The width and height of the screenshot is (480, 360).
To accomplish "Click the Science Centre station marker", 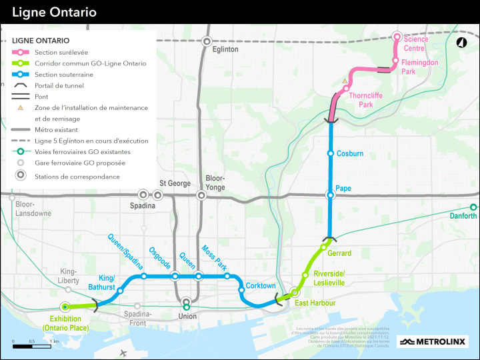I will (397, 37).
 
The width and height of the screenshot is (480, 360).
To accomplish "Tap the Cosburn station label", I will (350, 154).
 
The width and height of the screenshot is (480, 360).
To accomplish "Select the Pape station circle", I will (330, 195).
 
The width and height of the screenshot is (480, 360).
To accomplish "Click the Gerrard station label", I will (339, 253).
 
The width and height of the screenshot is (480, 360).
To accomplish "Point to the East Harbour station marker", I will (294, 291).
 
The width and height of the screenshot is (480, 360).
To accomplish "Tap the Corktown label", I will (261, 286).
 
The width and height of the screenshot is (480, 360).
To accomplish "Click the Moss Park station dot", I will (227, 276).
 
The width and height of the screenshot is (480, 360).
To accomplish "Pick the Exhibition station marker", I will (65, 307).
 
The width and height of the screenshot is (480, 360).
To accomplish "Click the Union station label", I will (187, 316).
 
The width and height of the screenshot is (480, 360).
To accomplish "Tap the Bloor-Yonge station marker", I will (201, 195).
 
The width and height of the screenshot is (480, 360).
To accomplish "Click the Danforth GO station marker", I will (473, 207).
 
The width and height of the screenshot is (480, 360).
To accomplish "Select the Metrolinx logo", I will (433, 342).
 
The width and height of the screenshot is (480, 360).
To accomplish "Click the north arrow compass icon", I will (461, 43).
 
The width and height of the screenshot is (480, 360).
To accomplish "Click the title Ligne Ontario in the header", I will (54, 12).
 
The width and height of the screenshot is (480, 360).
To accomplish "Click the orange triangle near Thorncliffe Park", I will (345, 81).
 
